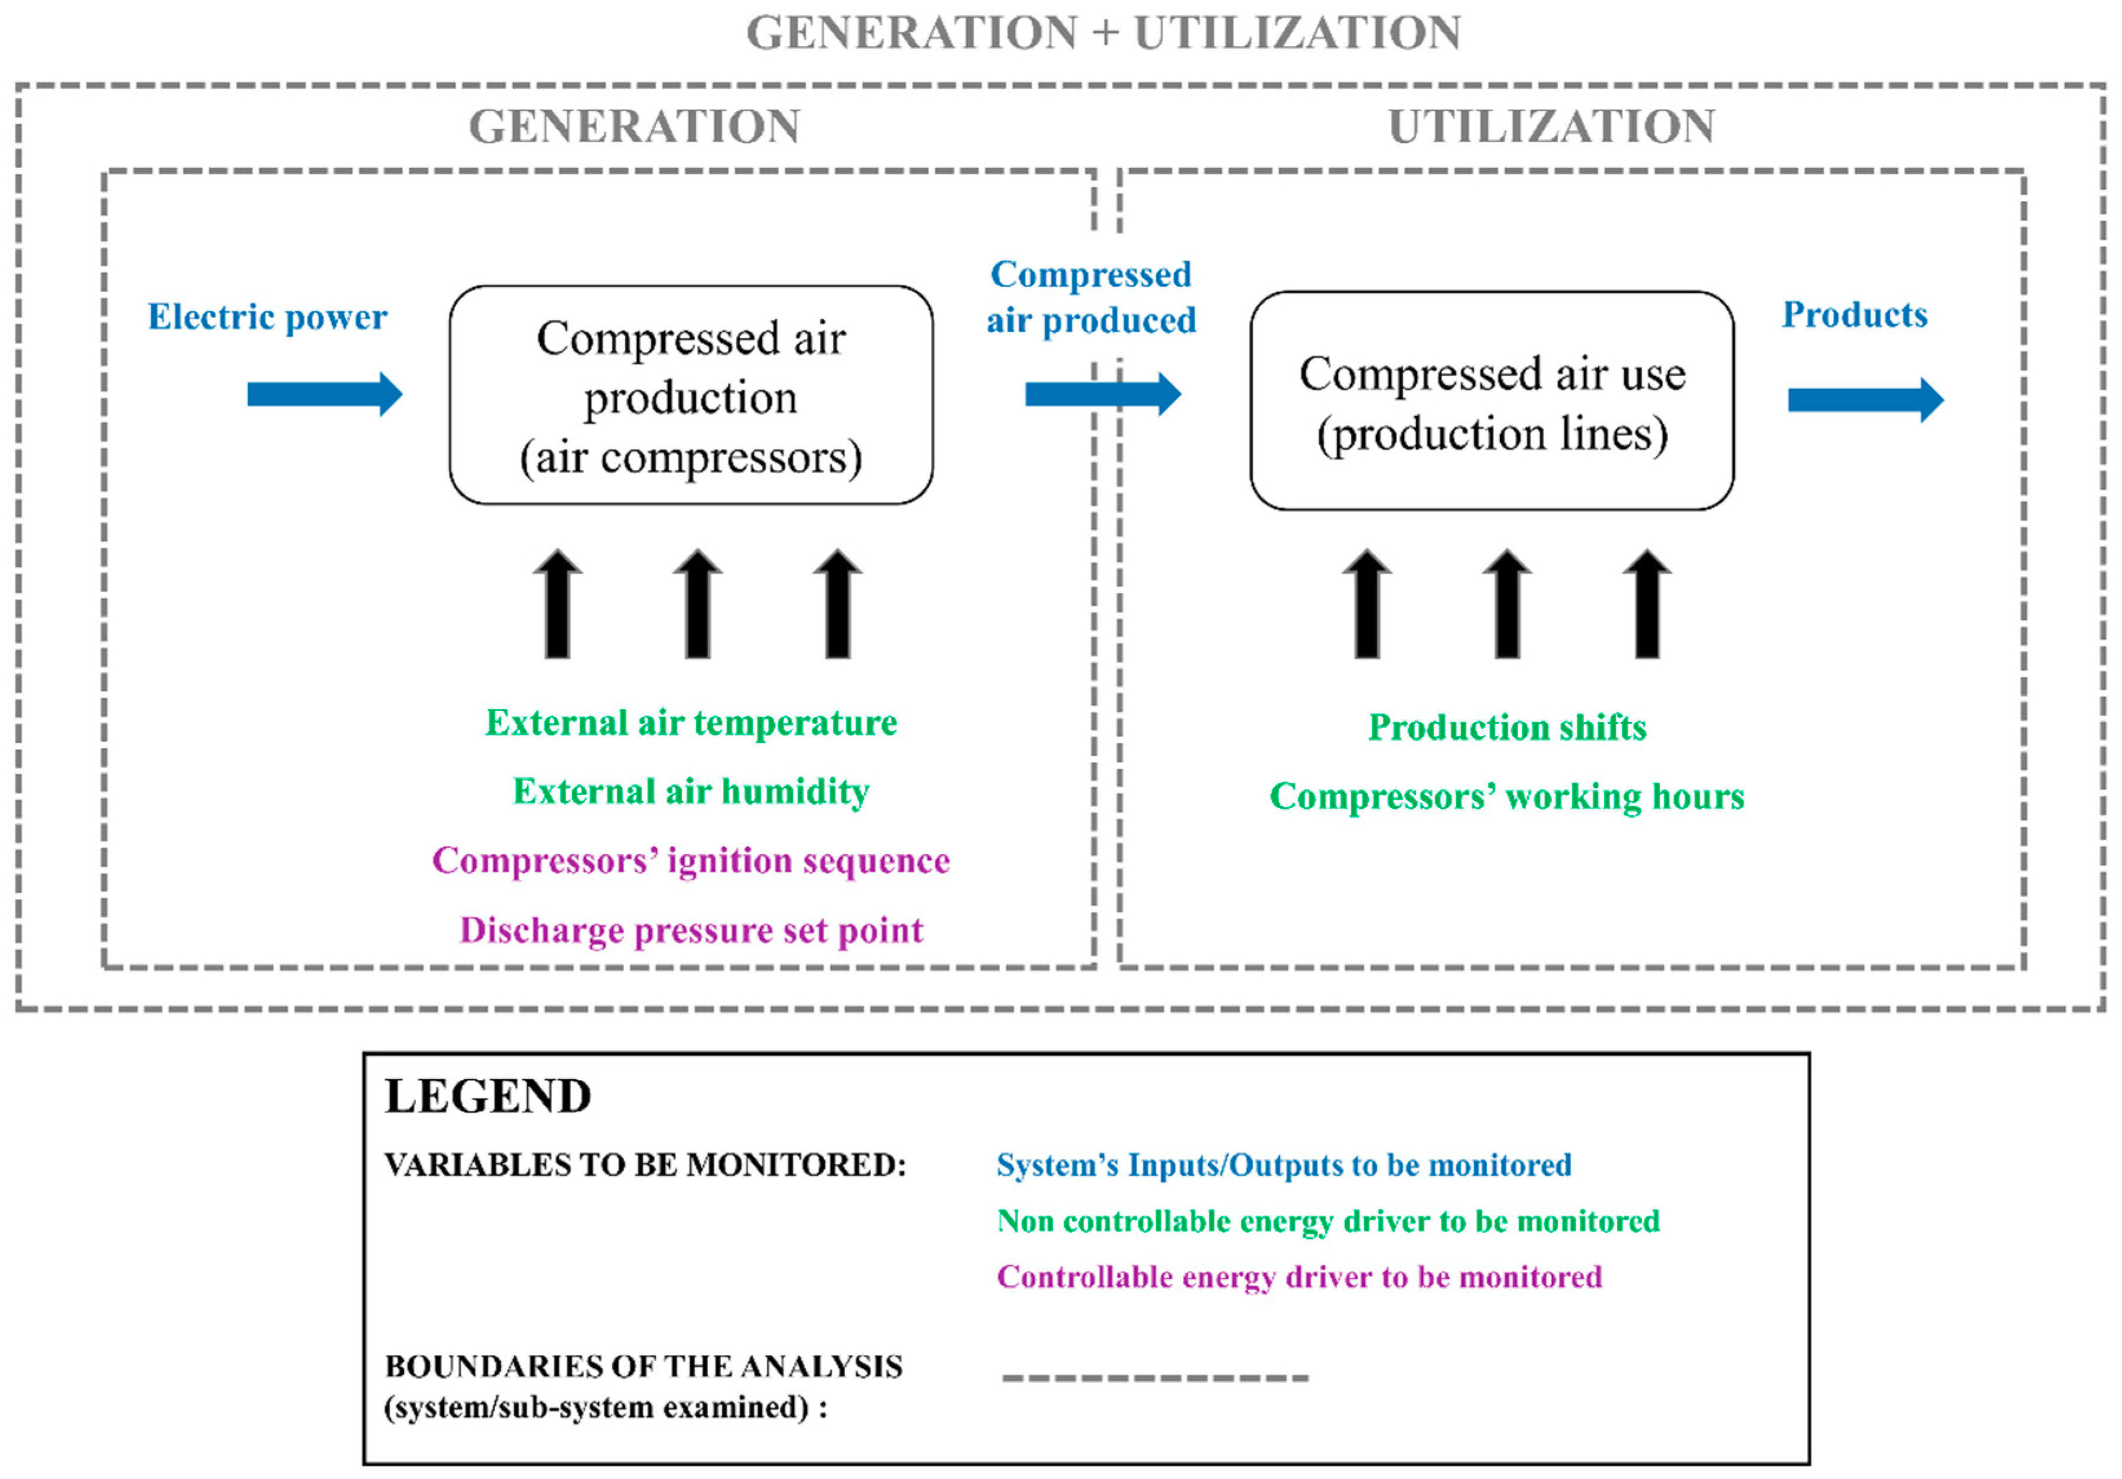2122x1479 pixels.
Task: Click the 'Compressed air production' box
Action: click(x=690, y=395)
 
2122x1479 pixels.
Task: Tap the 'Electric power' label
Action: click(x=267, y=317)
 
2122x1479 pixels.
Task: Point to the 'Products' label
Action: click(x=1854, y=315)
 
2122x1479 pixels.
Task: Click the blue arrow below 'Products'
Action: click(x=1865, y=400)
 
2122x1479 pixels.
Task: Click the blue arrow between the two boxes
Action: click(x=1102, y=395)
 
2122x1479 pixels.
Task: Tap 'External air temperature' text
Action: click(x=690, y=723)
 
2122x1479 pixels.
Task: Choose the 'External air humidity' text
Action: click(x=690, y=792)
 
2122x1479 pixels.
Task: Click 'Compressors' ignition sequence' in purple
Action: click(x=690, y=861)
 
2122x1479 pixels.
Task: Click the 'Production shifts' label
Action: click(x=1507, y=728)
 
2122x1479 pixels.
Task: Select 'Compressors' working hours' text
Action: click(x=1507, y=797)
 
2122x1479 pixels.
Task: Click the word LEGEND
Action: click(x=487, y=1097)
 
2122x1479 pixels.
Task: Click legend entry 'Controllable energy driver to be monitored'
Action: click(x=1299, y=1277)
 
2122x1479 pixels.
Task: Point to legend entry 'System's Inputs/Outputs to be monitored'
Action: click(x=1283, y=1166)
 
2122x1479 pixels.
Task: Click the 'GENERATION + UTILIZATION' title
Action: click(x=1102, y=33)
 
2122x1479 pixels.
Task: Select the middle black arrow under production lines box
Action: click(x=1507, y=605)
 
